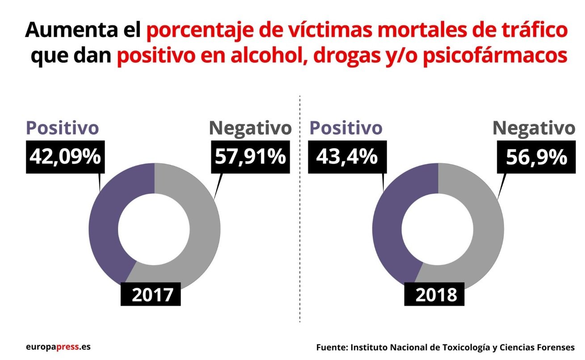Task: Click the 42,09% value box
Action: coord(65,157)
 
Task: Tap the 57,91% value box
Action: coord(250,157)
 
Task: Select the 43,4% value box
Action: coord(347,157)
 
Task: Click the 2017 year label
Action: coord(151,295)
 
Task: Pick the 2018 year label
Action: coord(434,295)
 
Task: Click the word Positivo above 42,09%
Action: coord(63,128)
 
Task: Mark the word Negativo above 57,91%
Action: coord(250,128)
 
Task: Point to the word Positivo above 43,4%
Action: coord(346,128)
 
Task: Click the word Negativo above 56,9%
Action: coord(534,128)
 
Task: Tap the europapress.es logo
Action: coord(58,347)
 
